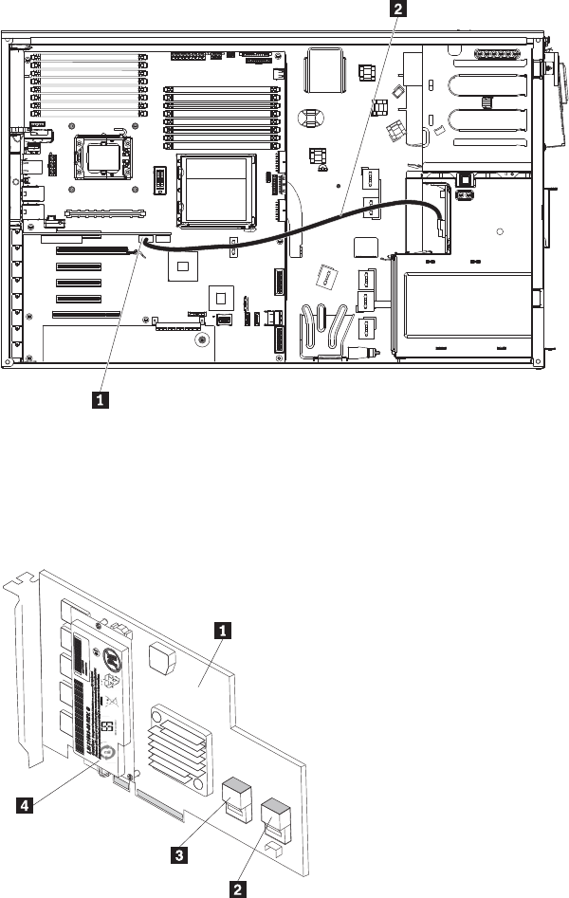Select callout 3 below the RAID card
(x=177, y=852)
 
